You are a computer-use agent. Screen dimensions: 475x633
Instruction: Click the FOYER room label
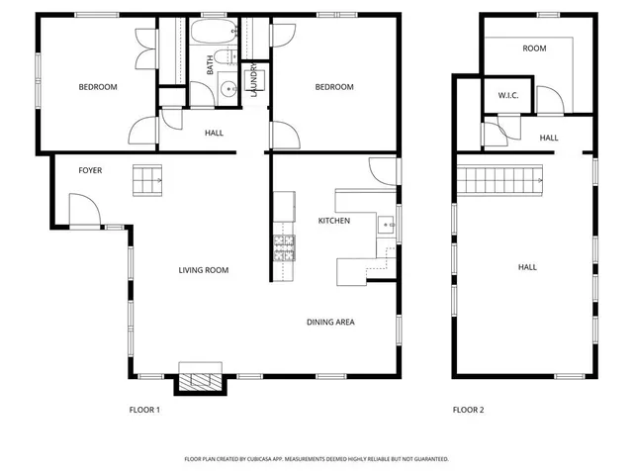pos(91,170)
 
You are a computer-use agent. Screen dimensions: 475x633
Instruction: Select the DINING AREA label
pos(330,322)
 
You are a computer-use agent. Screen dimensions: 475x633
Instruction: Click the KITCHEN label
pos(333,221)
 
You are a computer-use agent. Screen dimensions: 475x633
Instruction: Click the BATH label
pos(210,65)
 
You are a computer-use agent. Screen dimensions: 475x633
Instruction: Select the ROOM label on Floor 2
pos(535,48)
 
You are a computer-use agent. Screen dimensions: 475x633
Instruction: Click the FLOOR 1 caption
pos(144,410)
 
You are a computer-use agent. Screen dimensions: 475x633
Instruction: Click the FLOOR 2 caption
pos(468,410)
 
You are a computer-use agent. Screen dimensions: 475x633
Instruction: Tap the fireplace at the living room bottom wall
pos(202,380)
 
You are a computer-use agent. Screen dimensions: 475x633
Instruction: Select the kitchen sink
pos(386,226)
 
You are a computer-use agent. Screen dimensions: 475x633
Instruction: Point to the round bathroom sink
pos(228,90)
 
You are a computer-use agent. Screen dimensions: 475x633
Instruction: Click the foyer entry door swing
pos(83,210)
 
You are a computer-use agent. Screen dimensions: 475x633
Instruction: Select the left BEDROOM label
pos(98,87)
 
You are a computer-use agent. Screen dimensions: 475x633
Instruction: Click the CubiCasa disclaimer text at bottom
pos(316,459)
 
